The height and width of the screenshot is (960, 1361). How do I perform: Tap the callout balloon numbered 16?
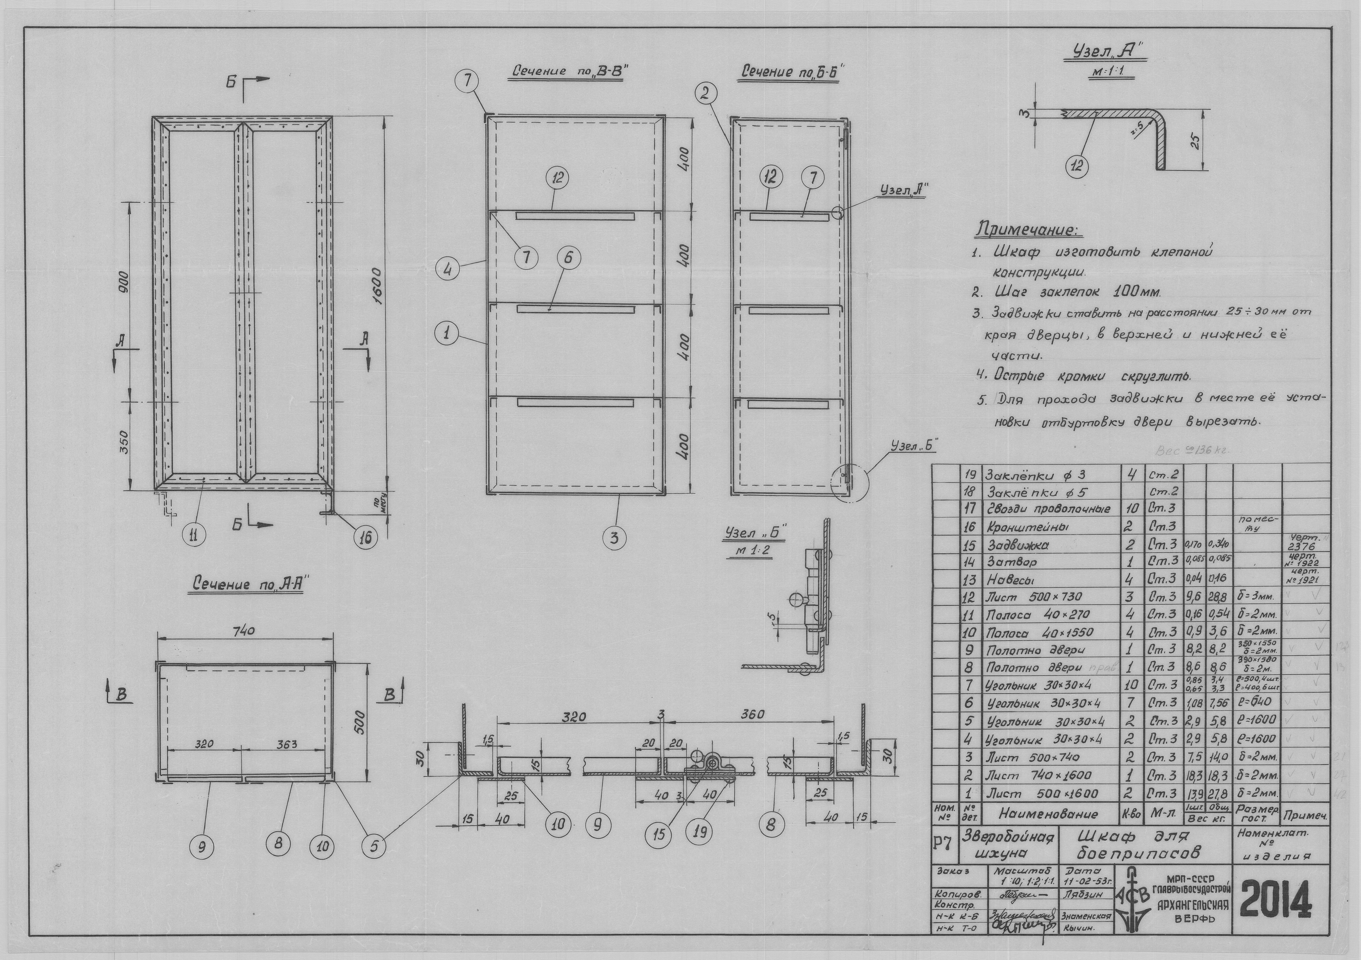[x=365, y=536]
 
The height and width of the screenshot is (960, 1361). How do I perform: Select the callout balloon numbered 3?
[x=614, y=538]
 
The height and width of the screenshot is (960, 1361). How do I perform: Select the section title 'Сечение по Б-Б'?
[x=792, y=72]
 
